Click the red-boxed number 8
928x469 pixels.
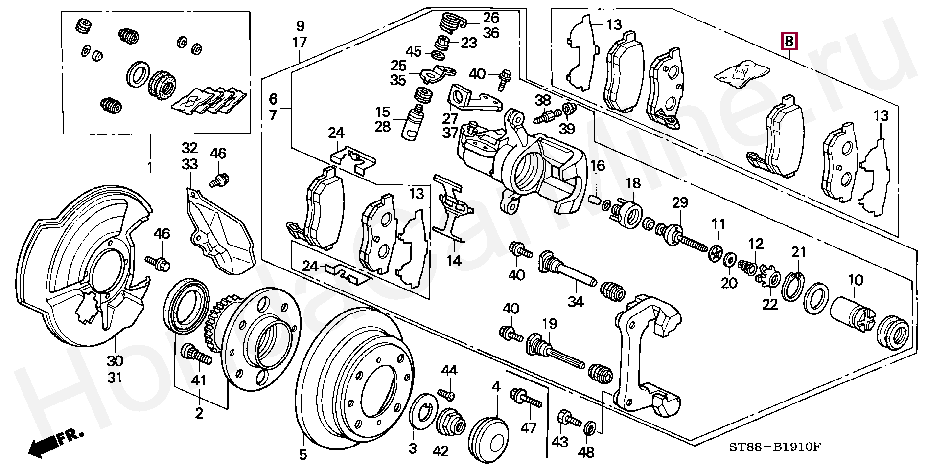789,41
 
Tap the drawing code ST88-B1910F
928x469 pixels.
774,447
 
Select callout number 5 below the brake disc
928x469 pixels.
303,455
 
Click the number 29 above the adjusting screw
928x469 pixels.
680,202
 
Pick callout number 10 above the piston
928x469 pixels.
856,280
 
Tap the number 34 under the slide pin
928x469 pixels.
576,301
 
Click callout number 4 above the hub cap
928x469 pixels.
496,386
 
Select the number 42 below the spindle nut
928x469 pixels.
441,451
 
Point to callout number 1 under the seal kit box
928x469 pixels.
150,167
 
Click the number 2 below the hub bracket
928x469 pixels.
199,413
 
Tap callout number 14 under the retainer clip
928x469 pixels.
454,260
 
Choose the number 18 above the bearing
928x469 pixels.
633,183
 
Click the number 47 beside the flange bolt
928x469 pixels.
529,428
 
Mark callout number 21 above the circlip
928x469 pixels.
798,252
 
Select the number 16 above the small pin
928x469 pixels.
597,166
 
